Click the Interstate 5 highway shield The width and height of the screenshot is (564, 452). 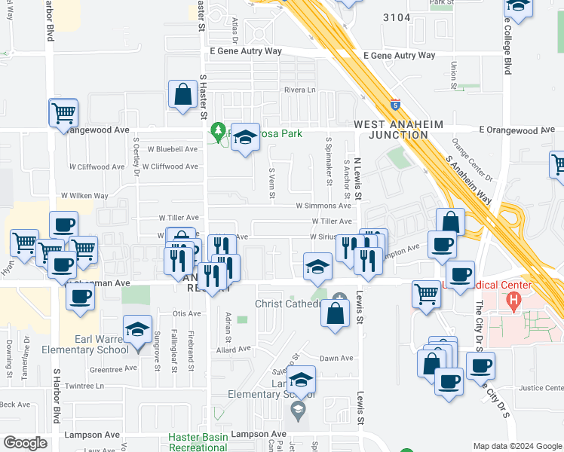(x=396, y=105)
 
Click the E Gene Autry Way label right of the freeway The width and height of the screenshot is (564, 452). (x=399, y=56)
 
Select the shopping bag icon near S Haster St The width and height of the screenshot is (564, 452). (x=182, y=96)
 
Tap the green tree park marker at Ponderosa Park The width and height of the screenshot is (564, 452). (x=219, y=133)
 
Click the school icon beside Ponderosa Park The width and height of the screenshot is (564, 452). (x=244, y=138)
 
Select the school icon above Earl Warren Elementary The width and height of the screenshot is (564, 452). (x=137, y=333)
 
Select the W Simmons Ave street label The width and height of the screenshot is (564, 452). (x=323, y=205)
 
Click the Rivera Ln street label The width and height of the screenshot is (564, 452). (x=299, y=90)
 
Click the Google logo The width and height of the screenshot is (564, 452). (x=26, y=444)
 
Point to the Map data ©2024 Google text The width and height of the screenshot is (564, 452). (x=517, y=446)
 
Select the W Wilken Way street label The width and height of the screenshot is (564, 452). (x=88, y=196)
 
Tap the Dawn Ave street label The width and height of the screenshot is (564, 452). (x=336, y=359)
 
